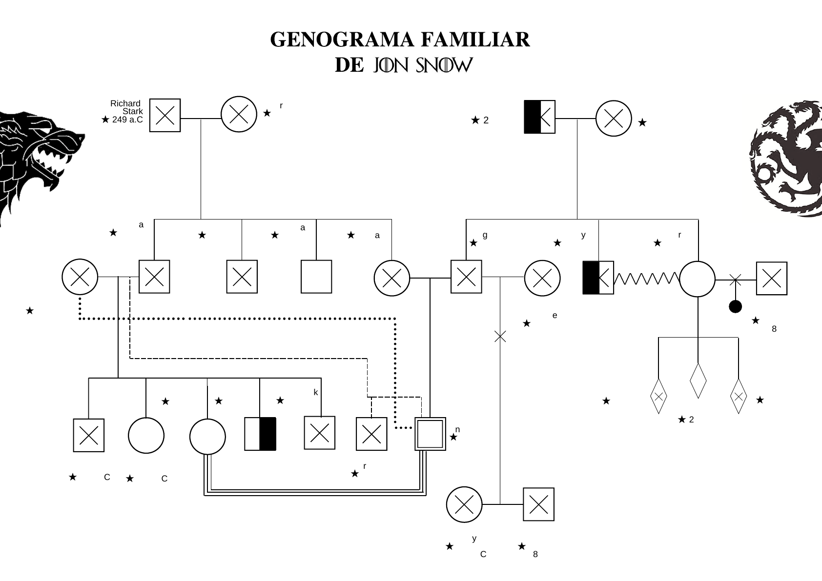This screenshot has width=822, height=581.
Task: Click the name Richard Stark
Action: [126, 107]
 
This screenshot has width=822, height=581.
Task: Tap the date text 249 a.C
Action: [127, 120]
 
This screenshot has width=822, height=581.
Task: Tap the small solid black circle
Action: [735, 306]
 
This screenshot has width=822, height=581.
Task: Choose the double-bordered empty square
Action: [430, 434]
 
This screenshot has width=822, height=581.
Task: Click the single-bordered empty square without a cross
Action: [316, 277]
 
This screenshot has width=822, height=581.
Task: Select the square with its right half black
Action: [260, 434]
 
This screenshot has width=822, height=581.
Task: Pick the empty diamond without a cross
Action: [699, 381]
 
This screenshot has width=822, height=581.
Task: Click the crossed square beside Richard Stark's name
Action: [165, 116]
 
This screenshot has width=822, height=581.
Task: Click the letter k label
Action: [316, 392]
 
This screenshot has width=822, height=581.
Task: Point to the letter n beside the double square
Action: [457, 429]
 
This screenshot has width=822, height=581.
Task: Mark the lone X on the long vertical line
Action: [500, 336]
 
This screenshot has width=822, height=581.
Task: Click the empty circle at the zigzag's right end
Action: [698, 279]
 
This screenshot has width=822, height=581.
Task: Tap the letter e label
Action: [555, 316]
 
